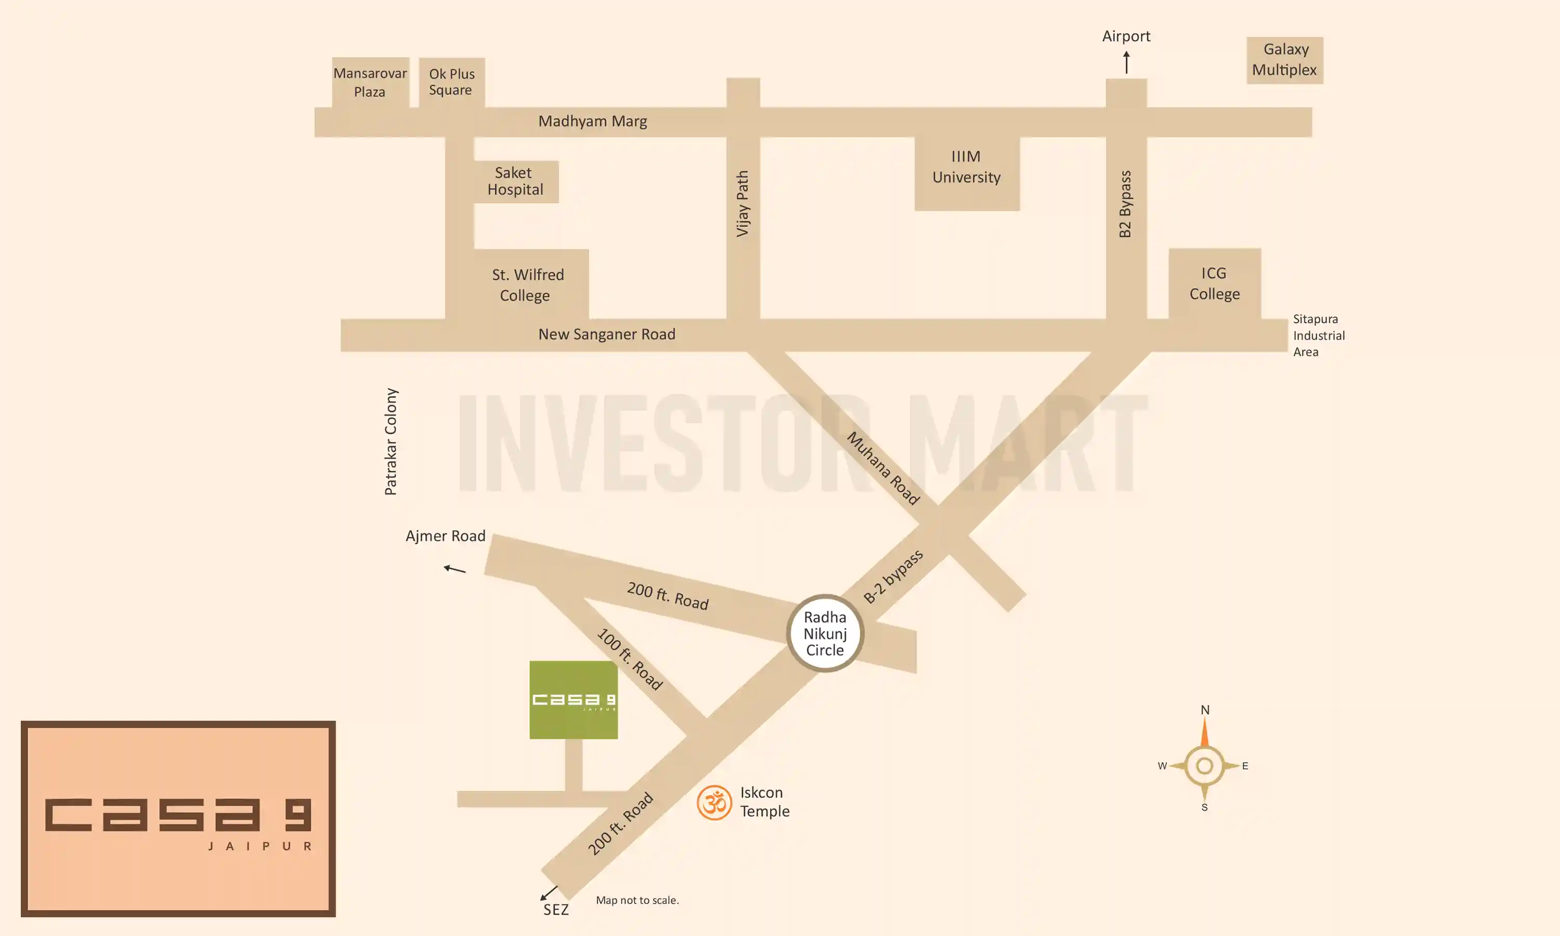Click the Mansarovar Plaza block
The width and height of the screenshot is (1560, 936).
[x=370, y=83]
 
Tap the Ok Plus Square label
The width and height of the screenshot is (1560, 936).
[x=451, y=82]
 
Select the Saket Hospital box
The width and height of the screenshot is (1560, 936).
[x=515, y=181]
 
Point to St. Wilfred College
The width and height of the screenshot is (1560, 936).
[x=527, y=284]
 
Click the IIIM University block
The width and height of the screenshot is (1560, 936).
[x=966, y=167]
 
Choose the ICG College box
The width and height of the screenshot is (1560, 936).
[x=1214, y=284]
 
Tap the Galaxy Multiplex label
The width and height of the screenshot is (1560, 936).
[x=1284, y=60]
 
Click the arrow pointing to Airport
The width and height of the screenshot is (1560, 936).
[x=1126, y=62]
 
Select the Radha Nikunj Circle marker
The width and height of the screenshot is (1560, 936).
[x=825, y=633]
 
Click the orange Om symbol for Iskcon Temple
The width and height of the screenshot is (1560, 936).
[x=714, y=802]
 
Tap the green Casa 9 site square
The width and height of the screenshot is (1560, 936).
[x=573, y=699]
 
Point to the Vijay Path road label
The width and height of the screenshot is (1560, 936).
[x=743, y=204]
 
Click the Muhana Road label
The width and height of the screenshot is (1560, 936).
[x=883, y=468]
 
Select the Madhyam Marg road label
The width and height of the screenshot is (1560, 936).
[x=592, y=121]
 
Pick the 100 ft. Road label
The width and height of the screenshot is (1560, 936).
[x=629, y=659]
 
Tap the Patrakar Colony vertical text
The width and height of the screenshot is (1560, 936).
[x=391, y=441]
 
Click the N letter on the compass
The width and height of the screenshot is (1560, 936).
[x=1204, y=710]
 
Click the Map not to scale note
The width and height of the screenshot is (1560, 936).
[x=637, y=900]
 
